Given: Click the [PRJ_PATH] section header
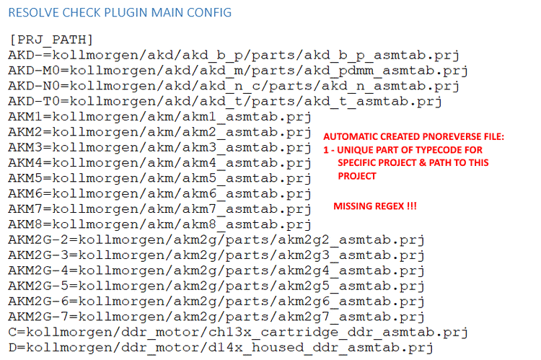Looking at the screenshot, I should tap(52, 39).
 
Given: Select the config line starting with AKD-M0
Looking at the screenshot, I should tap(238, 71).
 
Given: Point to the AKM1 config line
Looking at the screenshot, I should tap(159, 117).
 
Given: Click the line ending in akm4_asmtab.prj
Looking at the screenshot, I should tap(159, 163).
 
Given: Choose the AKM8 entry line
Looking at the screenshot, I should tap(159, 224).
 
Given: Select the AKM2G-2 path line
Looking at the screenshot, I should tap(216, 240).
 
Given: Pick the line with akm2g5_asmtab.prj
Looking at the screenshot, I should tap(216, 286).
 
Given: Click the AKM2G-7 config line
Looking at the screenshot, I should tap(216, 317).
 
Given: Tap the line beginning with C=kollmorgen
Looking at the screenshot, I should tap(238, 332).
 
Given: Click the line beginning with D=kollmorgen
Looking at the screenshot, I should tap(221, 348).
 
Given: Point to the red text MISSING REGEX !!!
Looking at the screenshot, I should tap(375, 207).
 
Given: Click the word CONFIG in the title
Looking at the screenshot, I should tap(211, 12).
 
